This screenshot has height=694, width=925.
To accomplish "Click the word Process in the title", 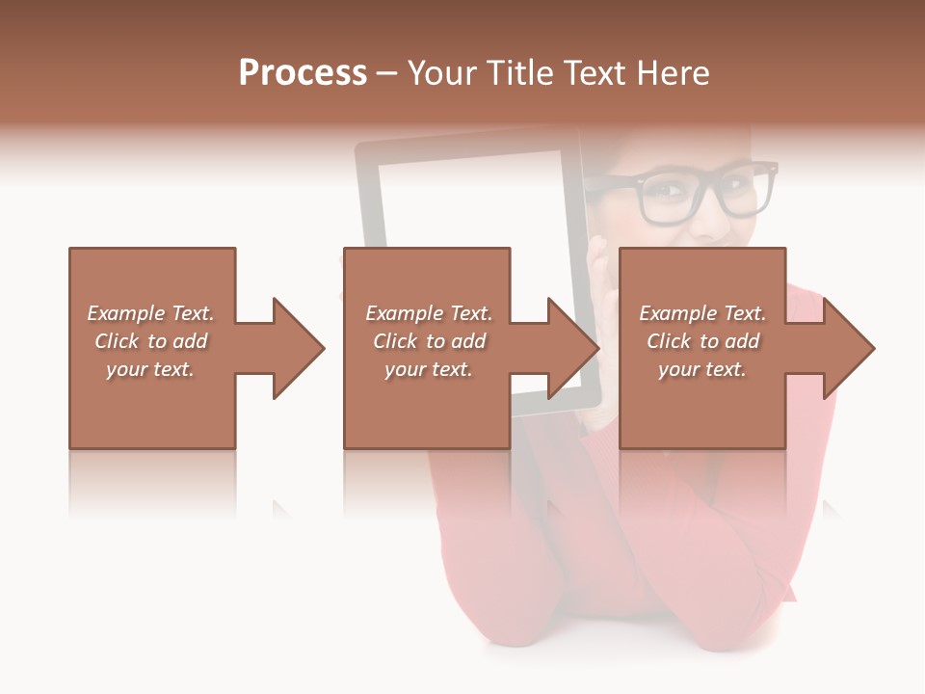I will pyautogui.click(x=303, y=73).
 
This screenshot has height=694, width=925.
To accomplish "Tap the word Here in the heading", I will pyautogui.click(x=671, y=73).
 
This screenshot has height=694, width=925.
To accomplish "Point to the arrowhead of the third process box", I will pyautogui.click(x=847, y=348).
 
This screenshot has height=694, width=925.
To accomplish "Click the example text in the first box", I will pyautogui.click(x=150, y=341).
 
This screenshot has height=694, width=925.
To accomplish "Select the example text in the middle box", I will pyautogui.click(x=428, y=341).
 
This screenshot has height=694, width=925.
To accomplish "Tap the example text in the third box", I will pyautogui.click(x=702, y=341).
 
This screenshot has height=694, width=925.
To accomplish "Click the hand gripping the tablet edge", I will pyautogui.click(x=599, y=270).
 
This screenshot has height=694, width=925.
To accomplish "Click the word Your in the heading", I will pyautogui.click(x=438, y=73).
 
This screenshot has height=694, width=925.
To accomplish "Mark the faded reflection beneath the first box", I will pyautogui.click(x=151, y=482).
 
